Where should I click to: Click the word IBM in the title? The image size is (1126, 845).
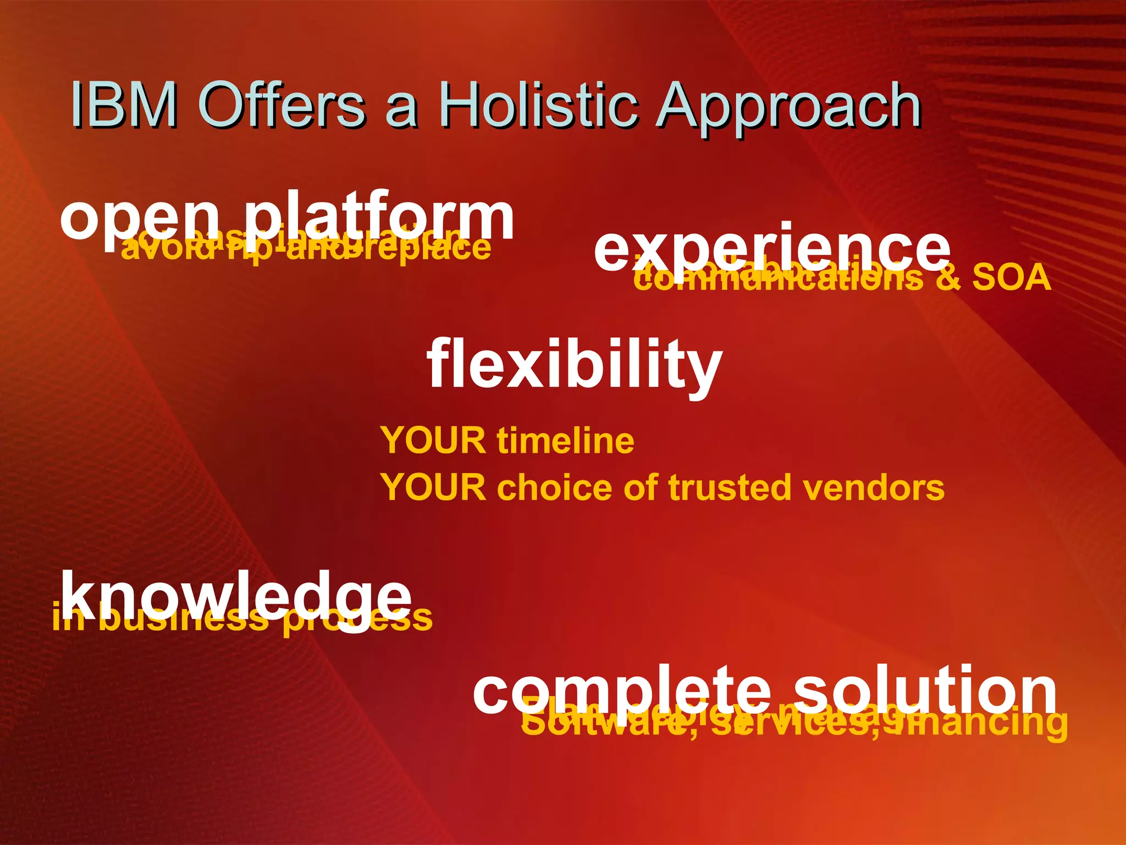click(x=124, y=105)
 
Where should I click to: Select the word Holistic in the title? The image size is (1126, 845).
click(x=539, y=105)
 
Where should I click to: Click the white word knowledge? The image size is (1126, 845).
click(x=236, y=597)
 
